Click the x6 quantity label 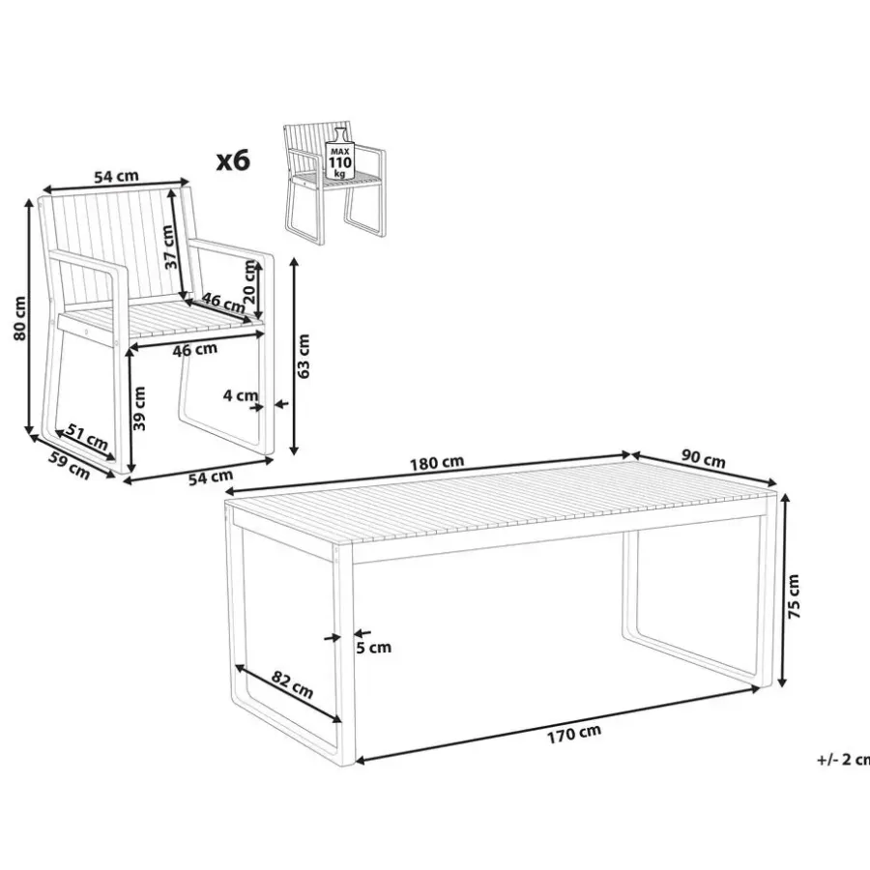point(233,160)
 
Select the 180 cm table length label point(437,462)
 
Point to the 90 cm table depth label point(703,460)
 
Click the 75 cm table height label point(794,596)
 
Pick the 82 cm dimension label point(292,684)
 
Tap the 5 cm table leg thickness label point(373,648)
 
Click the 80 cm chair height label point(19,318)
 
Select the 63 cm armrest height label point(304,356)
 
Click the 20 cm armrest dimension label point(249,281)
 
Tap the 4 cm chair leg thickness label point(241,395)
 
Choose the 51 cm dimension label point(87,437)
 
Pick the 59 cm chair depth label point(70,466)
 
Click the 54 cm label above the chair point(116,177)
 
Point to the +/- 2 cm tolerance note point(843,759)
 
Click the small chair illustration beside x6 point(334,182)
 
